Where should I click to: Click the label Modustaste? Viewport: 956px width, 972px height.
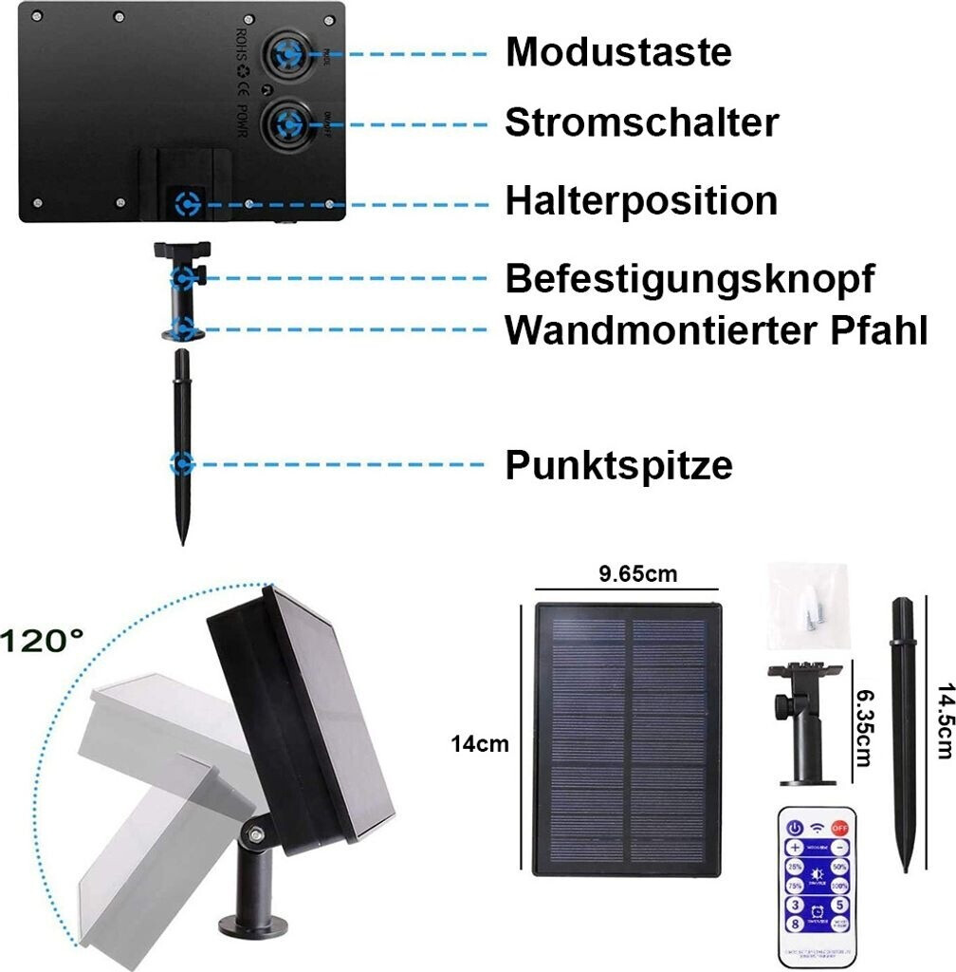click(618, 51)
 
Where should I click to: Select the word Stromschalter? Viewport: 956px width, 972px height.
click(641, 122)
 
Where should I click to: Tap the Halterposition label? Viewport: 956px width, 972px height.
click(641, 200)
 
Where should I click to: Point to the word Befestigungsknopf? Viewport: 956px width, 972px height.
click(689, 279)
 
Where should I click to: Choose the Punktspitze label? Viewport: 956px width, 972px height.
click(618, 465)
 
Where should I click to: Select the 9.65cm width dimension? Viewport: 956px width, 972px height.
click(638, 574)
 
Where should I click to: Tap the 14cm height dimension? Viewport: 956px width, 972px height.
click(479, 744)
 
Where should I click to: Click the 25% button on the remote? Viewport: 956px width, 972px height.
click(795, 868)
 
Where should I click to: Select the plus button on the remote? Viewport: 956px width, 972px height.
click(795, 847)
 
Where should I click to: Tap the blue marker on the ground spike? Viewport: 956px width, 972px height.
click(181, 465)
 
